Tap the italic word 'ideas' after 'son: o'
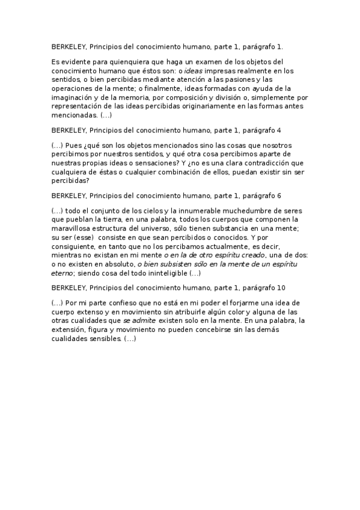[226, 71]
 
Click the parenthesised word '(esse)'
[85, 237]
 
